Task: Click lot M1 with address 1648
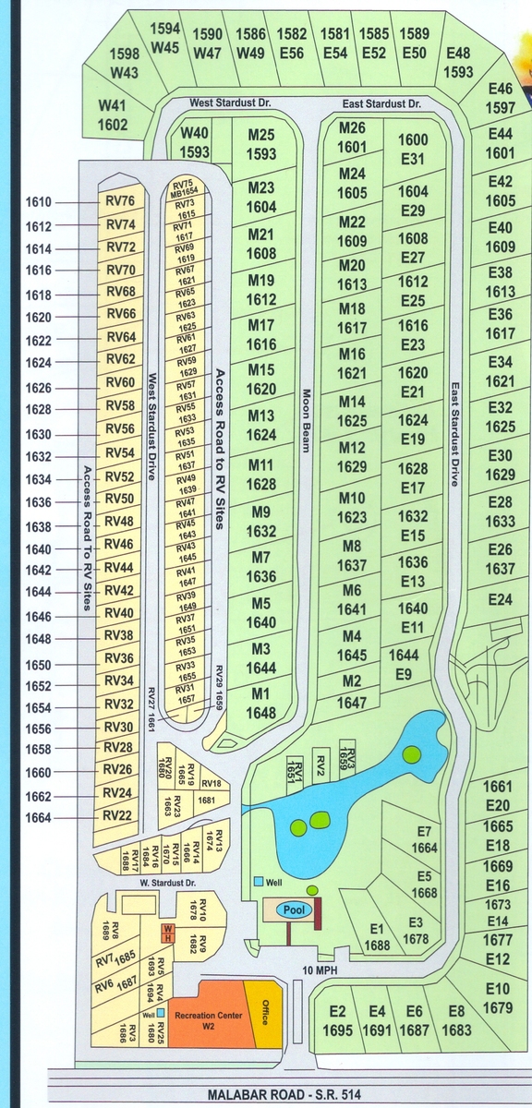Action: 261,704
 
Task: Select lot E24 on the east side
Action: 500,600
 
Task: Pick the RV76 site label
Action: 120,201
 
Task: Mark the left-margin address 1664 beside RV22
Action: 39,817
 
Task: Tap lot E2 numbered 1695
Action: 337,1020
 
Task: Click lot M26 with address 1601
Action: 352,138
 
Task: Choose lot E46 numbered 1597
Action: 500,98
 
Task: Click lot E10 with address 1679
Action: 498,998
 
